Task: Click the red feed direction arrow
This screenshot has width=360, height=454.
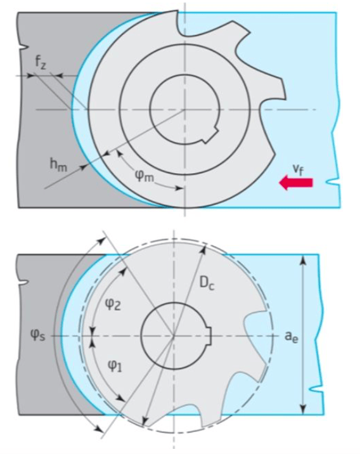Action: pyautogui.click(x=296, y=183)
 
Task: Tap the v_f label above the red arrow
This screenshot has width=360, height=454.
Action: pyautogui.click(x=298, y=169)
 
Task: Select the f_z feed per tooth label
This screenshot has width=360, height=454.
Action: pyautogui.click(x=40, y=63)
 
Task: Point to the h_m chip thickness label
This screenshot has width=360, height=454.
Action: pyautogui.click(x=58, y=165)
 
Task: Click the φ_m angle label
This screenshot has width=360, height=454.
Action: pyautogui.click(x=144, y=176)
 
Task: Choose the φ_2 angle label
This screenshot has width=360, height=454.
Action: pyautogui.click(x=113, y=304)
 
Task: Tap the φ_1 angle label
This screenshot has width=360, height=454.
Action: pyautogui.click(x=115, y=366)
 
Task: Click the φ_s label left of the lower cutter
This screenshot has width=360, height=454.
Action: pyautogui.click(x=37, y=336)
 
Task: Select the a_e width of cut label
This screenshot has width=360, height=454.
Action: pyautogui.click(x=291, y=337)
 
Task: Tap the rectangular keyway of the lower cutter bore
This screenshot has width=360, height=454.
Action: pyautogui.click(x=209, y=336)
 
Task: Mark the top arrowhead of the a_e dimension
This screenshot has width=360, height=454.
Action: pyautogui.click(x=303, y=260)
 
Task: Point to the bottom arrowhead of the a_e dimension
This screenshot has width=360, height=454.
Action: pyautogui.click(x=303, y=410)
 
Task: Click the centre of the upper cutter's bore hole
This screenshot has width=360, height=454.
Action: pyautogui.click(x=184, y=110)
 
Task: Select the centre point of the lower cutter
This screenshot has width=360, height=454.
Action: pyautogui.click(x=174, y=336)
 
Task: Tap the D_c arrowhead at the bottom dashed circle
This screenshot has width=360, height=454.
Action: pyautogui.click(x=145, y=421)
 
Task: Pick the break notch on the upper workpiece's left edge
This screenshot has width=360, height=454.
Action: pyautogui.click(x=23, y=46)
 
